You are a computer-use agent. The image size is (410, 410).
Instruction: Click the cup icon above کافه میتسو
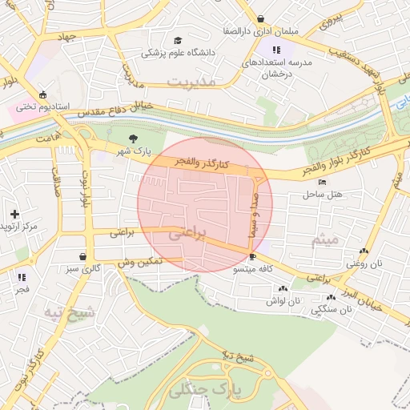tap(253, 257)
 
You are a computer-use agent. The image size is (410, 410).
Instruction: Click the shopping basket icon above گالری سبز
tap(83, 257)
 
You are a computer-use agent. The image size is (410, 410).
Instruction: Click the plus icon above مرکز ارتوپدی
tap(14, 214)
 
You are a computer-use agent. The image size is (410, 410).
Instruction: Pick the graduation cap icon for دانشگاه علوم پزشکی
tap(177, 41)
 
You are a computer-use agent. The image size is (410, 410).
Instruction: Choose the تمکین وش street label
tap(140, 262)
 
